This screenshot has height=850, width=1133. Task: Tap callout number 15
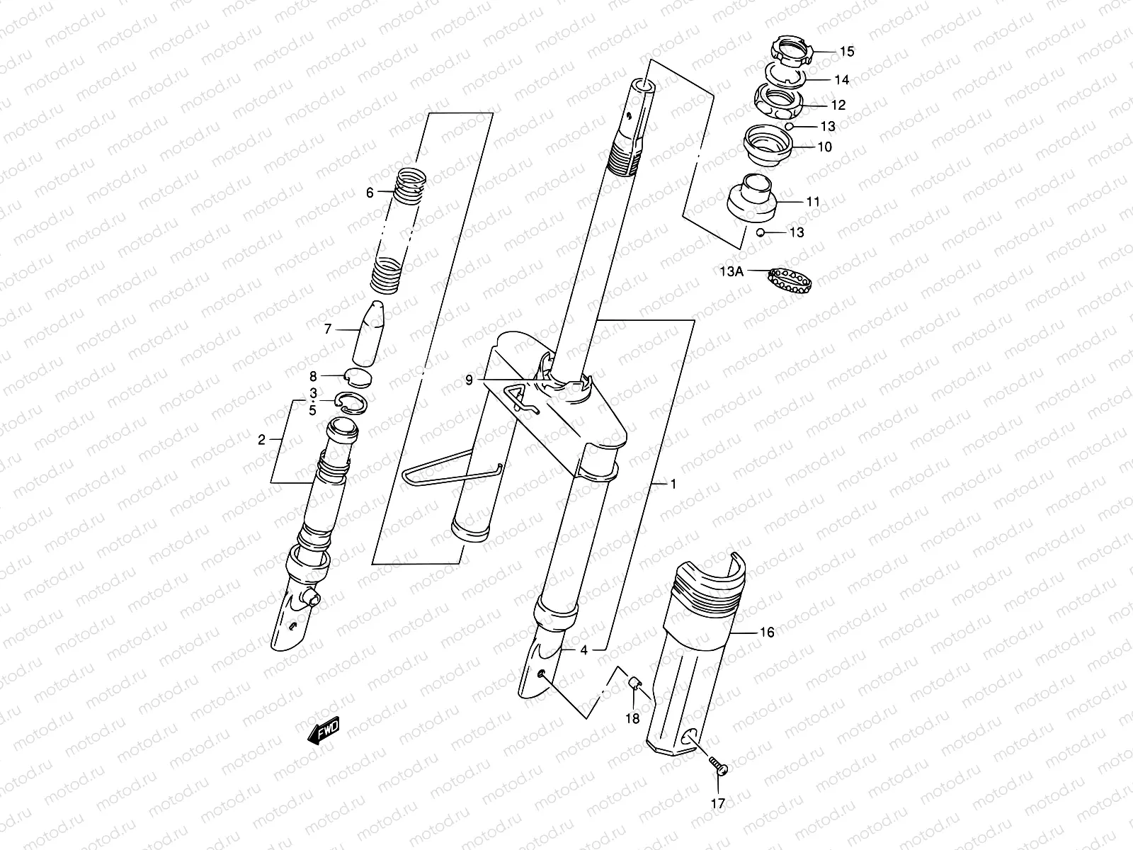point(847,52)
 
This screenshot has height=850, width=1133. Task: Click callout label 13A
point(731,271)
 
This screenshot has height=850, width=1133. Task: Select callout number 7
point(328,329)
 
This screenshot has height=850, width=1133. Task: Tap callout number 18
point(632,719)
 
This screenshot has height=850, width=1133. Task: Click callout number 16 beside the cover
point(767,633)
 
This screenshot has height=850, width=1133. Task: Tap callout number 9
point(469,380)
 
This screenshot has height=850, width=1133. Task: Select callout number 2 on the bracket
point(261,440)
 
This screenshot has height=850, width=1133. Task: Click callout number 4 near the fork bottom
point(583,650)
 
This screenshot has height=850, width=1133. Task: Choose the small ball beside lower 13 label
point(759,232)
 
